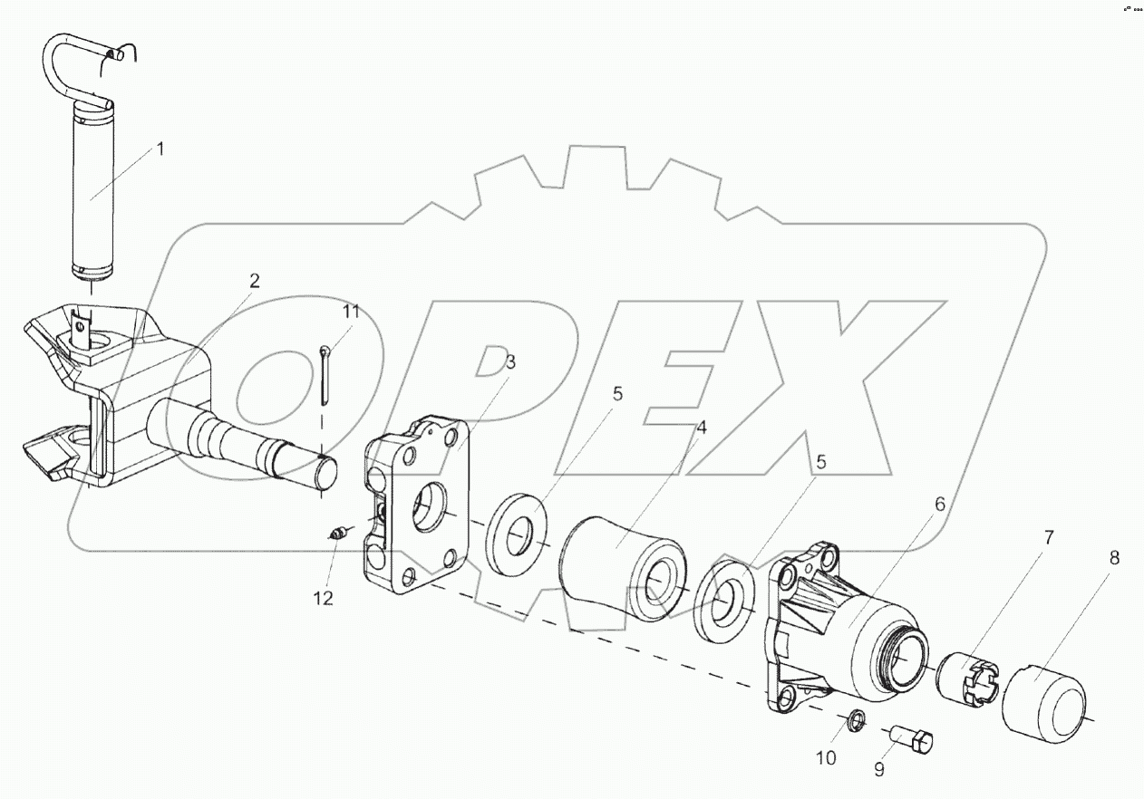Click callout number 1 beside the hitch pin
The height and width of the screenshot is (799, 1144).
coord(160,149)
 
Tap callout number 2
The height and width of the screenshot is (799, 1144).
coord(255,281)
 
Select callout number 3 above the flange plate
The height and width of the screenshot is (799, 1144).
coord(510,362)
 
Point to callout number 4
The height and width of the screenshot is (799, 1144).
coord(702,428)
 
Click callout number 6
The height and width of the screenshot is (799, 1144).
coord(940,504)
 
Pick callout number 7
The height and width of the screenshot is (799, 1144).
coord(1049,538)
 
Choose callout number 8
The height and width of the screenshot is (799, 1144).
coord(1114,558)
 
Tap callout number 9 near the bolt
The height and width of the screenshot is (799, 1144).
coord(879,769)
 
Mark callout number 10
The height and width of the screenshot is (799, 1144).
coord(826,759)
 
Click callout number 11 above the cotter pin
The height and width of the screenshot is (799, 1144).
coord(352,312)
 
